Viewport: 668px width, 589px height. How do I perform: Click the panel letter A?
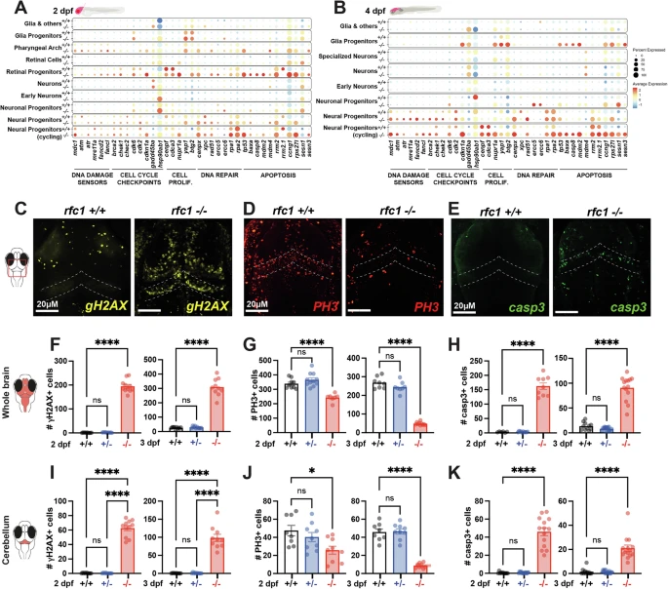(x=9, y=8)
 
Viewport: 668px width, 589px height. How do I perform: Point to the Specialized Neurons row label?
(x=377, y=59)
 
